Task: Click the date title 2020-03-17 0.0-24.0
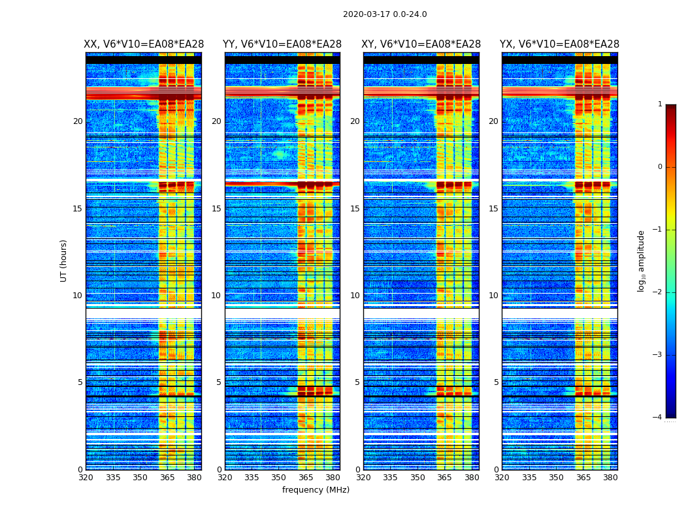(x=385, y=14)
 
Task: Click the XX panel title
(x=144, y=44)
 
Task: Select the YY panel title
(x=282, y=44)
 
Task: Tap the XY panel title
(x=421, y=44)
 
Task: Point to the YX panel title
(x=559, y=44)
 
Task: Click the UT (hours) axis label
(x=64, y=260)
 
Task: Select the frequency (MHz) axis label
(x=316, y=490)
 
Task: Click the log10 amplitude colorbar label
(x=642, y=260)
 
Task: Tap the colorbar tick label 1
(x=660, y=104)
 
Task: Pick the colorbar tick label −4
(x=658, y=418)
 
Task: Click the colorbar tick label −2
(x=658, y=292)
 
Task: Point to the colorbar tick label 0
(x=660, y=167)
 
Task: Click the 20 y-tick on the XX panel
(x=78, y=121)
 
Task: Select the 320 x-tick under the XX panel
(x=86, y=478)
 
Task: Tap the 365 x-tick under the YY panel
(x=306, y=478)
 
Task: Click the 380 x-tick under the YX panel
(x=610, y=478)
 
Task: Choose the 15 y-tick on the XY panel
(x=355, y=209)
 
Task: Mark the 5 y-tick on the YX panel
(x=497, y=382)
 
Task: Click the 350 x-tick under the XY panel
(x=417, y=478)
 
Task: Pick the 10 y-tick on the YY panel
(x=216, y=296)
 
